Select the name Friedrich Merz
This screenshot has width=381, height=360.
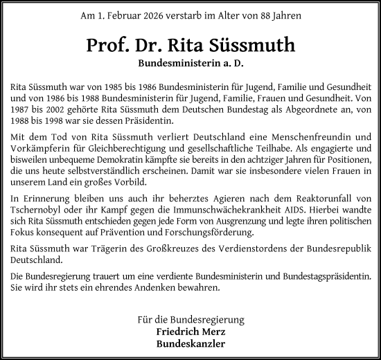(x=190, y=332)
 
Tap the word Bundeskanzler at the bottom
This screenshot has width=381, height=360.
(x=190, y=343)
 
